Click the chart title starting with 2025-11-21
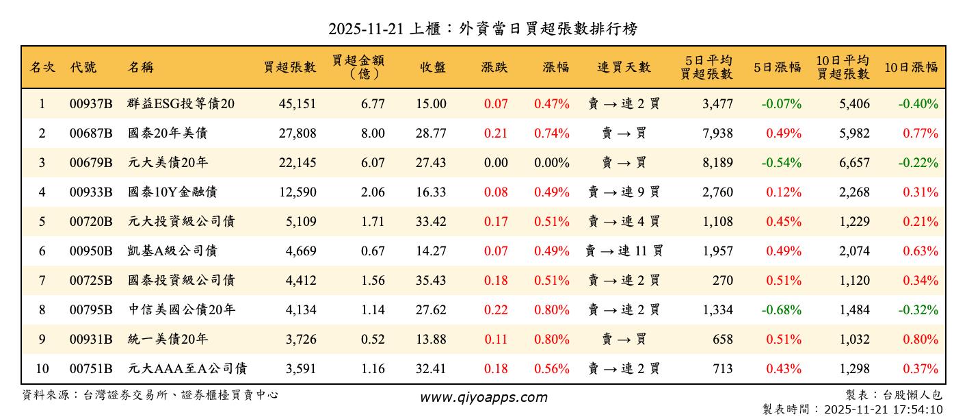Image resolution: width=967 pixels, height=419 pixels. (483, 29)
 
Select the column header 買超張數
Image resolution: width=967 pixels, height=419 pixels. (290, 67)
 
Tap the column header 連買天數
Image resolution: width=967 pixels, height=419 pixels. (624, 67)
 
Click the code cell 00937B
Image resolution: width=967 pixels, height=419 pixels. (90, 104)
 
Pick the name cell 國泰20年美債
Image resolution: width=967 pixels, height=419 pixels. (168, 134)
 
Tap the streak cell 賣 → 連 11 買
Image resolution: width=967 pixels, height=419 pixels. (624, 251)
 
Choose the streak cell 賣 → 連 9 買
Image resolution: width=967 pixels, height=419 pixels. (624, 192)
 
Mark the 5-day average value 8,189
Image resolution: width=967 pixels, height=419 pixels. (717, 163)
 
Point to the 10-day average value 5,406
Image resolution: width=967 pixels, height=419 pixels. (854, 104)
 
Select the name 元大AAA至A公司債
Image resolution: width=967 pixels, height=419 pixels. (187, 369)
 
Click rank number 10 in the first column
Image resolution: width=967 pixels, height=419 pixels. (42, 369)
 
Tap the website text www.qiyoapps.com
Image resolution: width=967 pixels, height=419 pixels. (483, 398)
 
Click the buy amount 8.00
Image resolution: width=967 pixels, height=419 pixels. (373, 134)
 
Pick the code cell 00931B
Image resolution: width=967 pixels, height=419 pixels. (90, 340)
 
